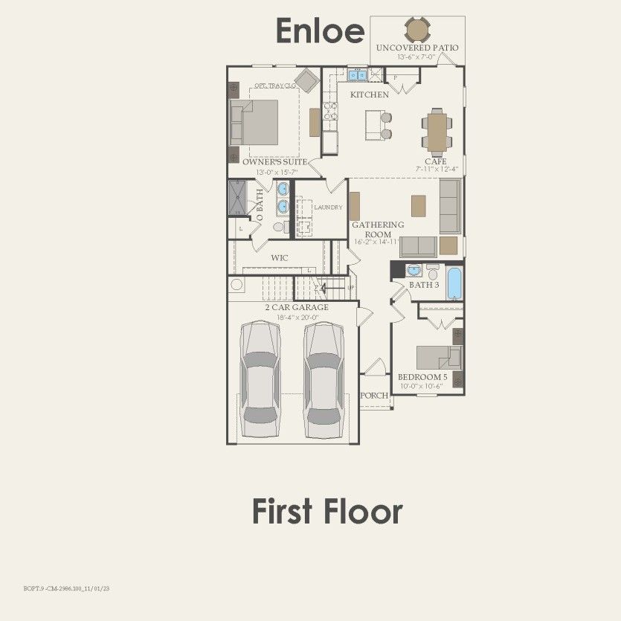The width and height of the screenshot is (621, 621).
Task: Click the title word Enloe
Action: [x=321, y=31]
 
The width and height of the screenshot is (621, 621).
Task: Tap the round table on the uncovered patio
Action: [x=417, y=30]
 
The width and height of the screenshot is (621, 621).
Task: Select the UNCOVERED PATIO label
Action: [x=417, y=48]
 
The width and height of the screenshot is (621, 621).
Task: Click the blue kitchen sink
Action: [x=358, y=74]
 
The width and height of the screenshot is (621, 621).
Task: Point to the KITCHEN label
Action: [x=370, y=95]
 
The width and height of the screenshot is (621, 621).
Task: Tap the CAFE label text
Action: [x=436, y=161]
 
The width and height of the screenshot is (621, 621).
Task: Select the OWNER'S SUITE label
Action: [x=274, y=161]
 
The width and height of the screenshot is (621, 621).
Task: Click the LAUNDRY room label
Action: [x=328, y=207]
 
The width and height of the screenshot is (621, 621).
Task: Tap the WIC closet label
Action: [x=280, y=257]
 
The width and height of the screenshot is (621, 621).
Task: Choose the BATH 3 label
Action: [x=424, y=285]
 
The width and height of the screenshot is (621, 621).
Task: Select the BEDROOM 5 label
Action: [x=422, y=377]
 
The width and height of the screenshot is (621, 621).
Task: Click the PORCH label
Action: [x=374, y=396]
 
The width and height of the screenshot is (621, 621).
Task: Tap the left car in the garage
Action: [x=260, y=379]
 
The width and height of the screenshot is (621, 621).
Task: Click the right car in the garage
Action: [x=324, y=379]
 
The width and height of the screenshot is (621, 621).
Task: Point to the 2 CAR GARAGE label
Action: [x=296, y=307]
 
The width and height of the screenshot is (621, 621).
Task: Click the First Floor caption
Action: [x=327, y=512]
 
